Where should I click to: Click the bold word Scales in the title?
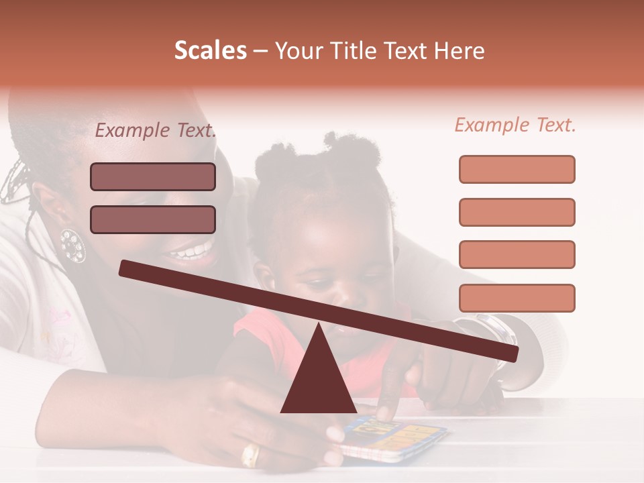[210, 51]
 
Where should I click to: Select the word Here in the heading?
[459, 51]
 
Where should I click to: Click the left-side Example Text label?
[156, 131]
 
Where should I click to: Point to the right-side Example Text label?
[515, 125]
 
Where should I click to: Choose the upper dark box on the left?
[153, 176]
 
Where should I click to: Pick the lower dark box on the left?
[153, 219]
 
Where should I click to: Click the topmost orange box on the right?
[517, 169]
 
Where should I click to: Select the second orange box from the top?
[517, 212]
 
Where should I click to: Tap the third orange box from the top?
[517, 254]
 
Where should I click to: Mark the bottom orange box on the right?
[517, 298]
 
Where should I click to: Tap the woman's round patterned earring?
[72, 246]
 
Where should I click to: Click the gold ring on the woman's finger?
[250, 455]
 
